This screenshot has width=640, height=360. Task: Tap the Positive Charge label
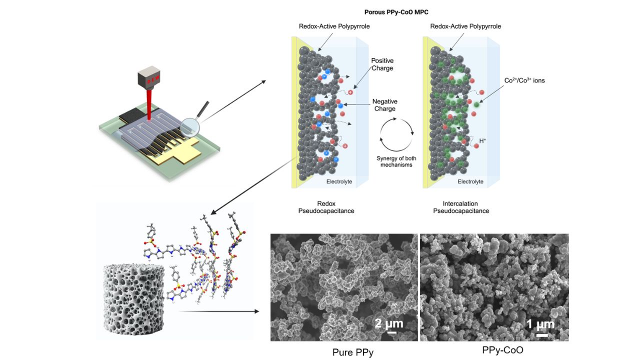[x=382, y=64]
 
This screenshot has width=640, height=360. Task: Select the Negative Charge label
[x=384, y=104]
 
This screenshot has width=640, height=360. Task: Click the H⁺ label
[x=482, y=141]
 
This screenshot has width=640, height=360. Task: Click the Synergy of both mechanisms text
[x=396, y=161]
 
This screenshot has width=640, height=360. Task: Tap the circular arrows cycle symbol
[x=396, y=133]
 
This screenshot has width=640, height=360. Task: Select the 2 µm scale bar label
[x=389, y=323]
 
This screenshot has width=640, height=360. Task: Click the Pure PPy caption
[x=352, y=352]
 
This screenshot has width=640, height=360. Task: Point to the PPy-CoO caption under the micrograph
[x=502, y=350]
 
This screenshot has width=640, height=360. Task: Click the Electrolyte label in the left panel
[x=339, y=181]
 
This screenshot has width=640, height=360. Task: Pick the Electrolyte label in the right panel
[x=470, y=181]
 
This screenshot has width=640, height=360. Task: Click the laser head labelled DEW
[x=148, y=78]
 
